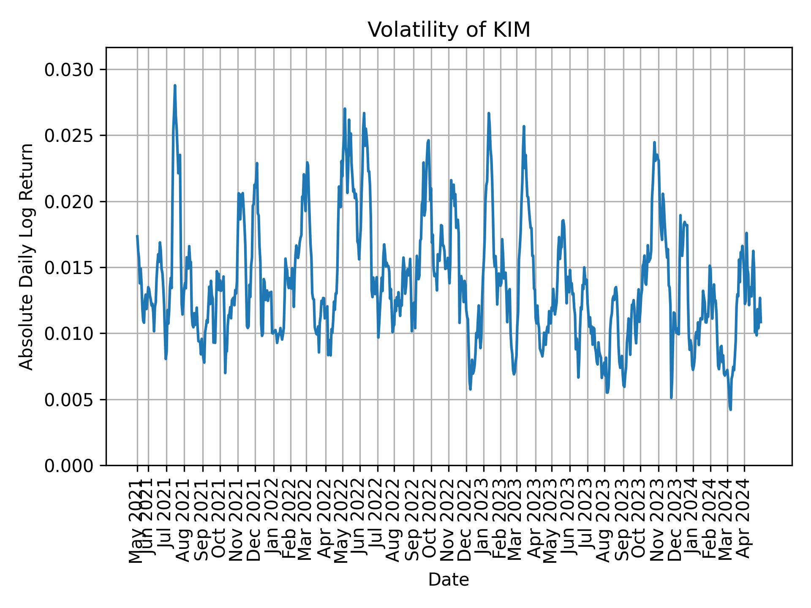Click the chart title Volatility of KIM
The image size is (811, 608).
point(449,30)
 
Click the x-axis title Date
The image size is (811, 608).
point(449,580)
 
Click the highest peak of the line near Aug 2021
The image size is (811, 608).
point(175,85)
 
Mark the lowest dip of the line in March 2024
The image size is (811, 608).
point(730,409)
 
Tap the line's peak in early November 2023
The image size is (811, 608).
point(654,142)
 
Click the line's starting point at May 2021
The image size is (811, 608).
point(137,236)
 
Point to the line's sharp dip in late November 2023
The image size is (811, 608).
point(671,397)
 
